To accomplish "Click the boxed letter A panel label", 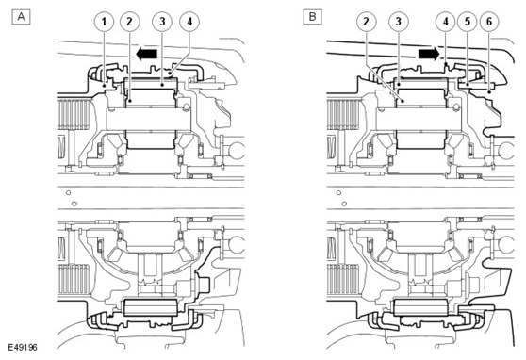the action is tap(21, 17).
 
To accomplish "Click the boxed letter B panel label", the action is tap(312, 17).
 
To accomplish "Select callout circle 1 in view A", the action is tap(104, 22).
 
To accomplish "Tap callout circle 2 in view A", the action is tap(129, 22).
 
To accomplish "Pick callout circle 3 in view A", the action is tap(162, 22).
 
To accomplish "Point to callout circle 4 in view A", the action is tap(189, 22).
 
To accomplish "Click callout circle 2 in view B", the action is tap(366, 22).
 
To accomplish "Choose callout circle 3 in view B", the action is tap(398, 22).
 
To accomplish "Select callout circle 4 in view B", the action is tap(446, 22).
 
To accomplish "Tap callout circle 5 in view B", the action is tap(468, 22).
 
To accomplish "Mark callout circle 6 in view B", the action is tap(489, 22).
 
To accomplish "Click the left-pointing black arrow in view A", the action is tap(147, 54).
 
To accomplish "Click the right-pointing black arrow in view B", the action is tap(429, 54).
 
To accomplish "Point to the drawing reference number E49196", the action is tap(22, 347).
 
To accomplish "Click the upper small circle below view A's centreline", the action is tap(69, 193).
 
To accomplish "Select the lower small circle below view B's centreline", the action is tap(344, 204).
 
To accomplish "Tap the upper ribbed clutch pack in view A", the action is tap(74, 114).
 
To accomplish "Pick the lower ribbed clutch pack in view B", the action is tap(343, 280).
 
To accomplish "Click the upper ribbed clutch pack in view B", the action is tap(343, 114).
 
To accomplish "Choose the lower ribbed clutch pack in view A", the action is tap(74, 280).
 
